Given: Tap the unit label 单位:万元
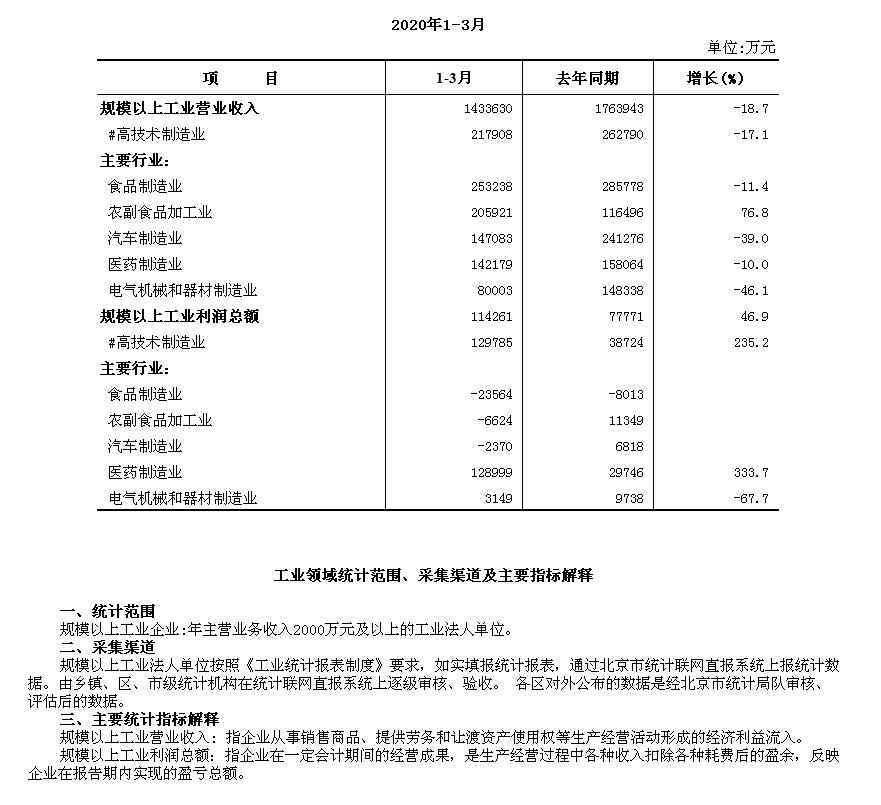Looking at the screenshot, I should [741, 47].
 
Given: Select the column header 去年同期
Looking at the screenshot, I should [587, 79].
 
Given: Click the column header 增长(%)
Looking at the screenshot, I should [715, 79].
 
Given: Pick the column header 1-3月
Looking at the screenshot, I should [454, 79].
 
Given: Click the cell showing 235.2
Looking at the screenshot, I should [750, 342].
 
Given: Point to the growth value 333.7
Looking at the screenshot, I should [750, 472].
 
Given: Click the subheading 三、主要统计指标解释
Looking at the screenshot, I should [139, 719].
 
